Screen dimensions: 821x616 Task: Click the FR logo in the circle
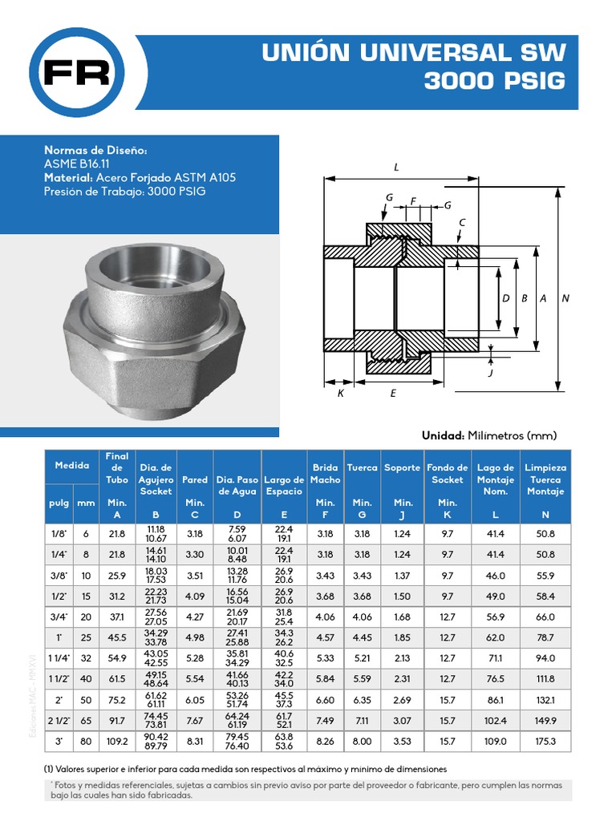77,73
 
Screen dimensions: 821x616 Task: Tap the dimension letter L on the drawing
396,168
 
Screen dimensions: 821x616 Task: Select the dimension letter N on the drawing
565,298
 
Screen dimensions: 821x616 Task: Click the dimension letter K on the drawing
340,394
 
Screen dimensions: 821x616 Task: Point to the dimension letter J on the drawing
490,373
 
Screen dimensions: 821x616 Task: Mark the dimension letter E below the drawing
393,394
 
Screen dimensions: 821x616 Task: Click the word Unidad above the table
443,435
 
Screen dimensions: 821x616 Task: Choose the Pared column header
194,479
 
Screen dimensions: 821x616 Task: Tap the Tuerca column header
362,467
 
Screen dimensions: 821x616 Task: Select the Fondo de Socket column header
447,473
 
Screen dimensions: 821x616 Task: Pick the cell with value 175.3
545,742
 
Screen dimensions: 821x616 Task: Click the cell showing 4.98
194,637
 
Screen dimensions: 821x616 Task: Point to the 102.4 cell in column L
496,721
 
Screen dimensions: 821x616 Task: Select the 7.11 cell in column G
362,721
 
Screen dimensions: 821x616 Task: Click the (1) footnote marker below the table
49,768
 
